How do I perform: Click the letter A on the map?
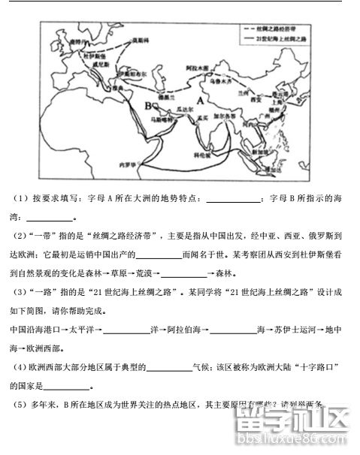(201, 100)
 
